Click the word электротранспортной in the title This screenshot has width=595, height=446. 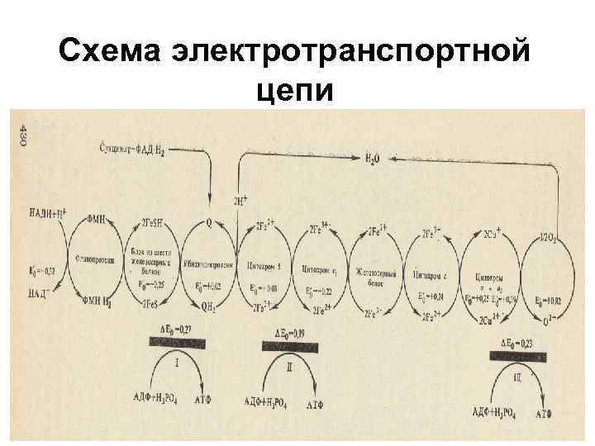click(x=350, y=54)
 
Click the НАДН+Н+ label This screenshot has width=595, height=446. click(x=45, y=216)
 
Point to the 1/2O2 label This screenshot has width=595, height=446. click(x=549, y=238)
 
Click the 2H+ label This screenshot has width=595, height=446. click(x=242, y=200)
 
